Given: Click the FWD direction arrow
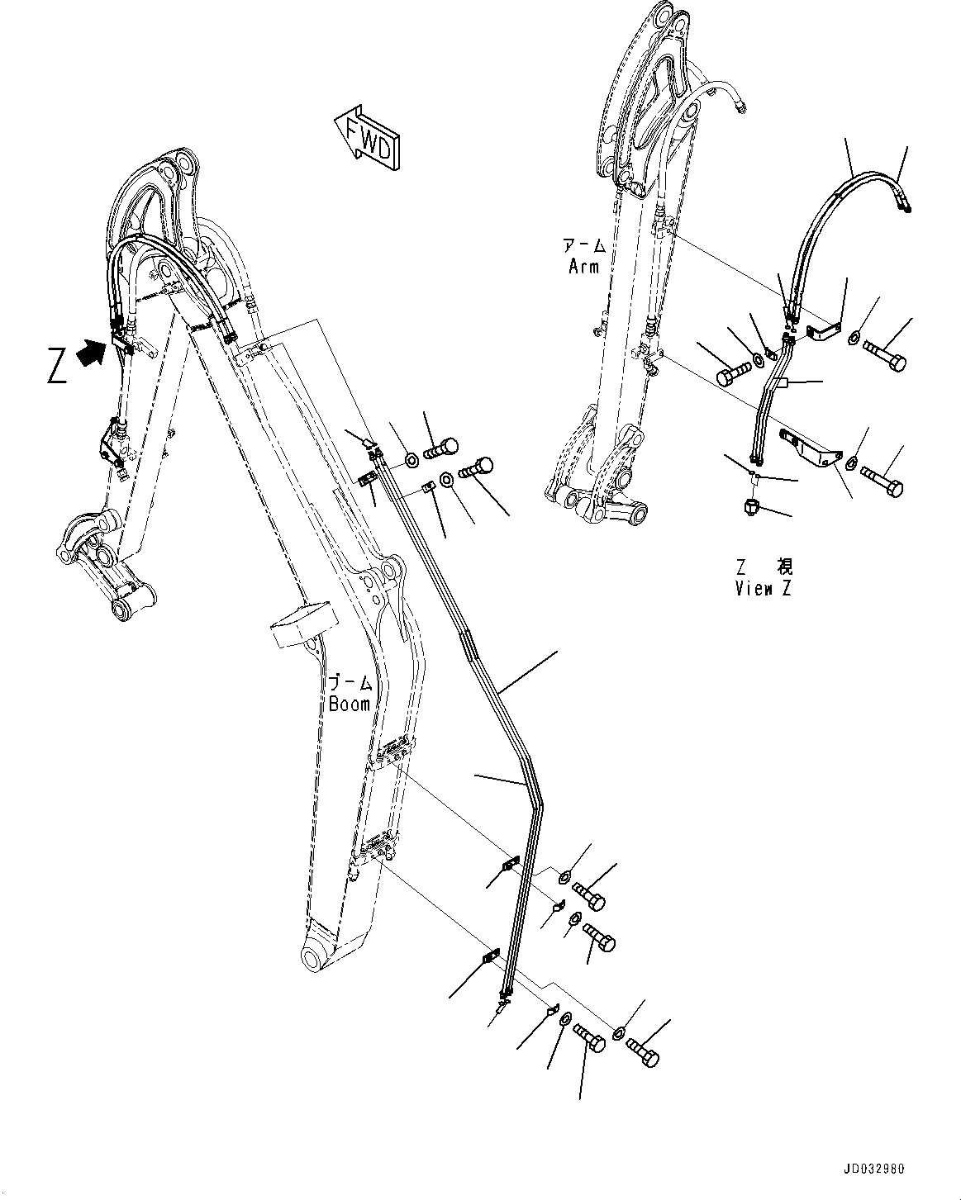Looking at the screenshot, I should coord(367,135).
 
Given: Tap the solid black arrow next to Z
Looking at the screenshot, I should coord(90,355).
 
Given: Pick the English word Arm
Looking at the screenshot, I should coord(584,266).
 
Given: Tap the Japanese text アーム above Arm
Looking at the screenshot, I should coord(584,246).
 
